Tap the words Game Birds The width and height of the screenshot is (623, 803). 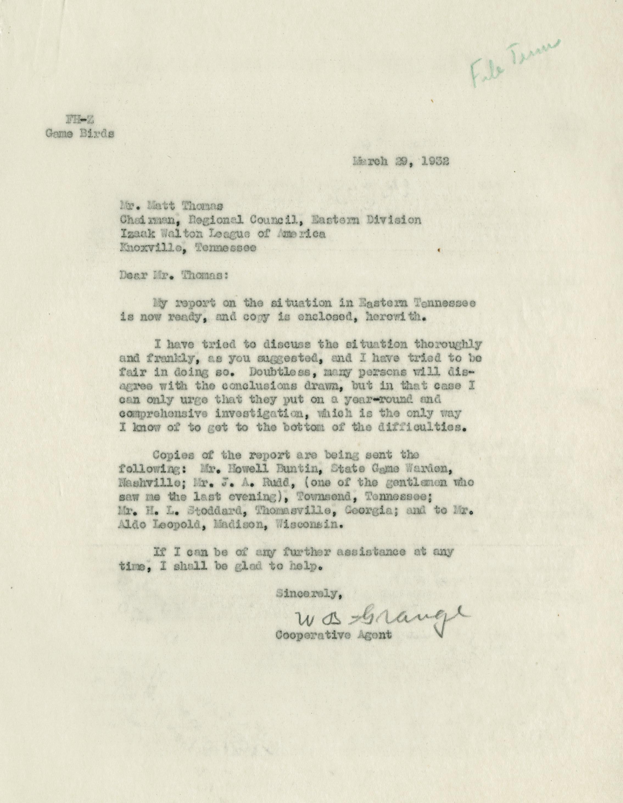tap(79, 134)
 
